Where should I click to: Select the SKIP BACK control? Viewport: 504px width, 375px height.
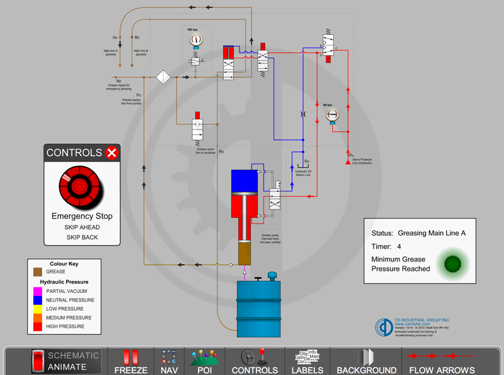(82, 237)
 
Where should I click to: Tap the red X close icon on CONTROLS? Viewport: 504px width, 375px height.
(112, 152)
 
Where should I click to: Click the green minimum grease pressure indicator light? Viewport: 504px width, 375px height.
(453, 263)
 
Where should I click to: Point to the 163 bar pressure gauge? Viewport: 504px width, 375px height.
(196, 40)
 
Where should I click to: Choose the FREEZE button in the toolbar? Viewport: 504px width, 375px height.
(130, 362)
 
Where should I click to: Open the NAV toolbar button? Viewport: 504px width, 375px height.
(169, 362)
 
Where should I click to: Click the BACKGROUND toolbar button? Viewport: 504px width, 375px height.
(366, 362)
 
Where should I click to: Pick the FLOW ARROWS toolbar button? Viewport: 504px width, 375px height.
(442, 362)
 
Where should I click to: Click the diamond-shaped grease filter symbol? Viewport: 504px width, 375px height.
(163, 77)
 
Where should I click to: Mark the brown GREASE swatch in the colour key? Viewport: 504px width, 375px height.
(37, 271)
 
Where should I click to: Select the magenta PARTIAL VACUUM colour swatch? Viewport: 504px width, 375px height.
(37, 291)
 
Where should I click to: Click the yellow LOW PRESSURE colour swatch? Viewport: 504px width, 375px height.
(37, 309)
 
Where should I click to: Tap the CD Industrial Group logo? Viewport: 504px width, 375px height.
(384, 327)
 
